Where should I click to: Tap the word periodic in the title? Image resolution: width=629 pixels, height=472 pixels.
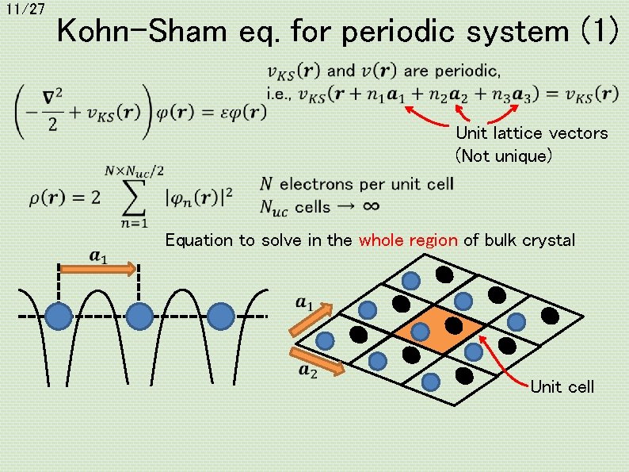point(407,33)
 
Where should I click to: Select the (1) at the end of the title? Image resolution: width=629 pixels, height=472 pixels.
point(596,33)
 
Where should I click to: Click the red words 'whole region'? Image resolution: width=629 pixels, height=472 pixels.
point(408,240)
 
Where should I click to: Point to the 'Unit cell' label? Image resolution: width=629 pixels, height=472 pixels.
point(562,387)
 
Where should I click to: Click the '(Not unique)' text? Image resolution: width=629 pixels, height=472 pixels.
point(502,155)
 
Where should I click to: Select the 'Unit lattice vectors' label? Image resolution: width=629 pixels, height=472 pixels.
point(532,133)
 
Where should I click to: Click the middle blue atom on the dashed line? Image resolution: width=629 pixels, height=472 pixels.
point(139,316)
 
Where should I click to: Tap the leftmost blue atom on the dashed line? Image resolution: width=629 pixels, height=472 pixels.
point(58,316)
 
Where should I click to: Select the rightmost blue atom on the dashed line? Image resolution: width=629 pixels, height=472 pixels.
point(220,316)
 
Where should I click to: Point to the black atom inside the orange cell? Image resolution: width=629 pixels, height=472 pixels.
point(454,324)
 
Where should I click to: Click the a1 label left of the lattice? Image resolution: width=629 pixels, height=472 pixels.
point(305,302)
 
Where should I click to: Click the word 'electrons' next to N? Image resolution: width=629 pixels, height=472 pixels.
point(316,184)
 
